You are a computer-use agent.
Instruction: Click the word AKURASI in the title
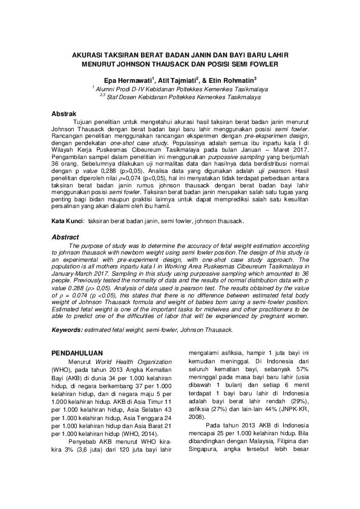pyautogui.click(x=88, y=54)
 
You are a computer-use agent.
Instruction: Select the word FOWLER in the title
pyautogui.click(x=261, y=63)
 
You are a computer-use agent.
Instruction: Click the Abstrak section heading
pyautogui.click(x=64, y=114)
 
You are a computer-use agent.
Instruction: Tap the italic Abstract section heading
pyautogui.click(x=65, y=238)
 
